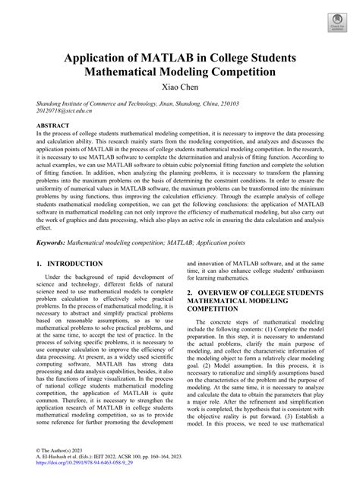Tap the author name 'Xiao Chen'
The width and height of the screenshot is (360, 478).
180,89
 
